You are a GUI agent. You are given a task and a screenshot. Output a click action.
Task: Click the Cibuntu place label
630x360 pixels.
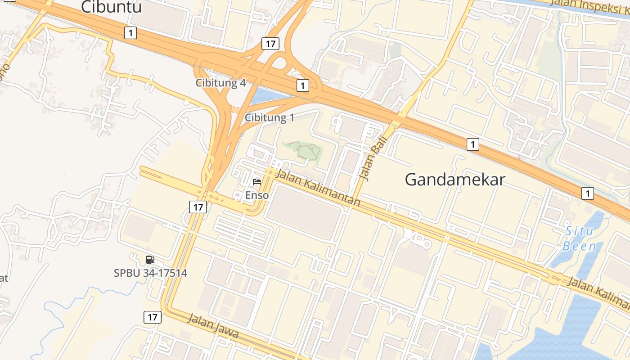111,7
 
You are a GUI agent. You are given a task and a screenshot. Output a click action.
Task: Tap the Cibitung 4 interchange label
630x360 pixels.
220,83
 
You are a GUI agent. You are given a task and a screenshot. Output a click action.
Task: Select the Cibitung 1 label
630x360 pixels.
269,118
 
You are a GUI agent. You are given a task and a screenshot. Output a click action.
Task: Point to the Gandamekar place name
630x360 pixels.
454,180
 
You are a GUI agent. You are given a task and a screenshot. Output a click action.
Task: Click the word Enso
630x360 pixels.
257,195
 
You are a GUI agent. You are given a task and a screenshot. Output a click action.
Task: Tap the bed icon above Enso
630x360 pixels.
257,182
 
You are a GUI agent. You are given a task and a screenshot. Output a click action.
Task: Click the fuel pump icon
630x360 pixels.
150,260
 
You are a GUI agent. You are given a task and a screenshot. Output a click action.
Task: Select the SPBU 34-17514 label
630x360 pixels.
150,273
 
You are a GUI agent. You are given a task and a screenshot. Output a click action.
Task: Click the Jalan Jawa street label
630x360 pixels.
212,326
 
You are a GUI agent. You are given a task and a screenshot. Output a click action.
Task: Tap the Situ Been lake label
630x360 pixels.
580,239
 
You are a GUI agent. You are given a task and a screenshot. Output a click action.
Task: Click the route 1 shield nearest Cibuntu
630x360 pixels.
130,32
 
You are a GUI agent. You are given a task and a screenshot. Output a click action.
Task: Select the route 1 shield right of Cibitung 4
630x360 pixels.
302,85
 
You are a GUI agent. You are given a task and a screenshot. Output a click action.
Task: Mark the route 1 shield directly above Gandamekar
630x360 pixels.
472,144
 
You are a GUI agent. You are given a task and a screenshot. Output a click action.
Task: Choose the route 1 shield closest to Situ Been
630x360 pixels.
587,193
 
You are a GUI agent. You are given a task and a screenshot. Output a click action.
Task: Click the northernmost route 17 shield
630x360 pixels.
270,44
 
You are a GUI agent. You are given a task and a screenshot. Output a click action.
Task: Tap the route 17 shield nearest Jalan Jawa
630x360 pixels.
153,317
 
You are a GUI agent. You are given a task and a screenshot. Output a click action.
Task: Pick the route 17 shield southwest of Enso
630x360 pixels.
198,207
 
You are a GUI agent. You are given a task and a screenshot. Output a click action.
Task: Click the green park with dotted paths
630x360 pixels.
304,150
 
